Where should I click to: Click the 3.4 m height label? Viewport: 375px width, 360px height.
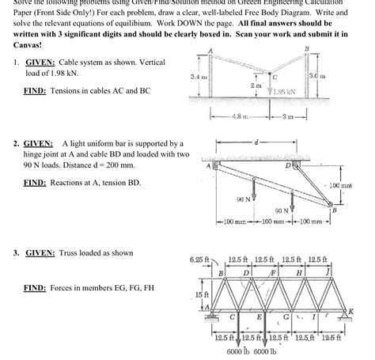coord(200,76)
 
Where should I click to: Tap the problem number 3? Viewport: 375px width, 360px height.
coord(16,253)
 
